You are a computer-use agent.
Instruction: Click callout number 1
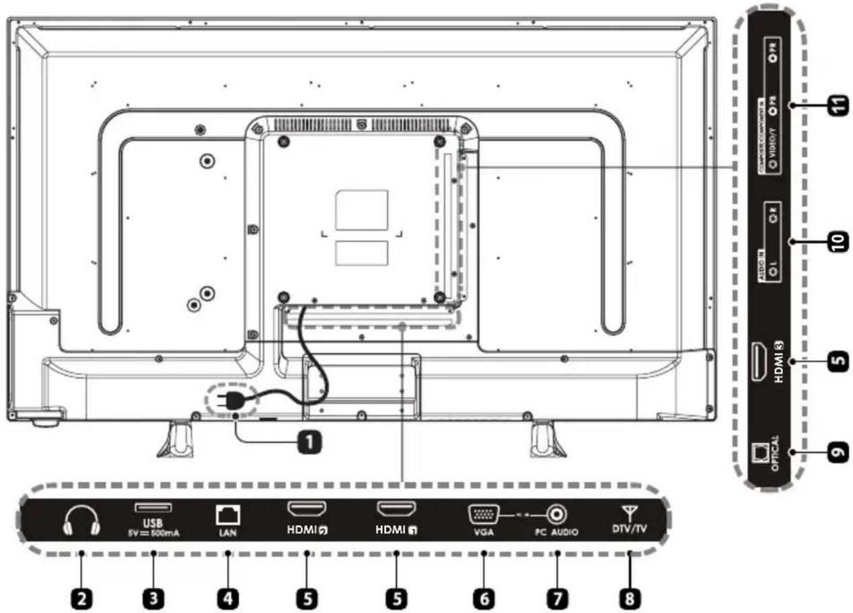pos(308,442)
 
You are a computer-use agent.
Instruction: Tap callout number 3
pos(154,598)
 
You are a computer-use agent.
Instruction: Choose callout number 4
pos(229,598)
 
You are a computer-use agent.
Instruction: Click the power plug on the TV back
pos(225,402)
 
